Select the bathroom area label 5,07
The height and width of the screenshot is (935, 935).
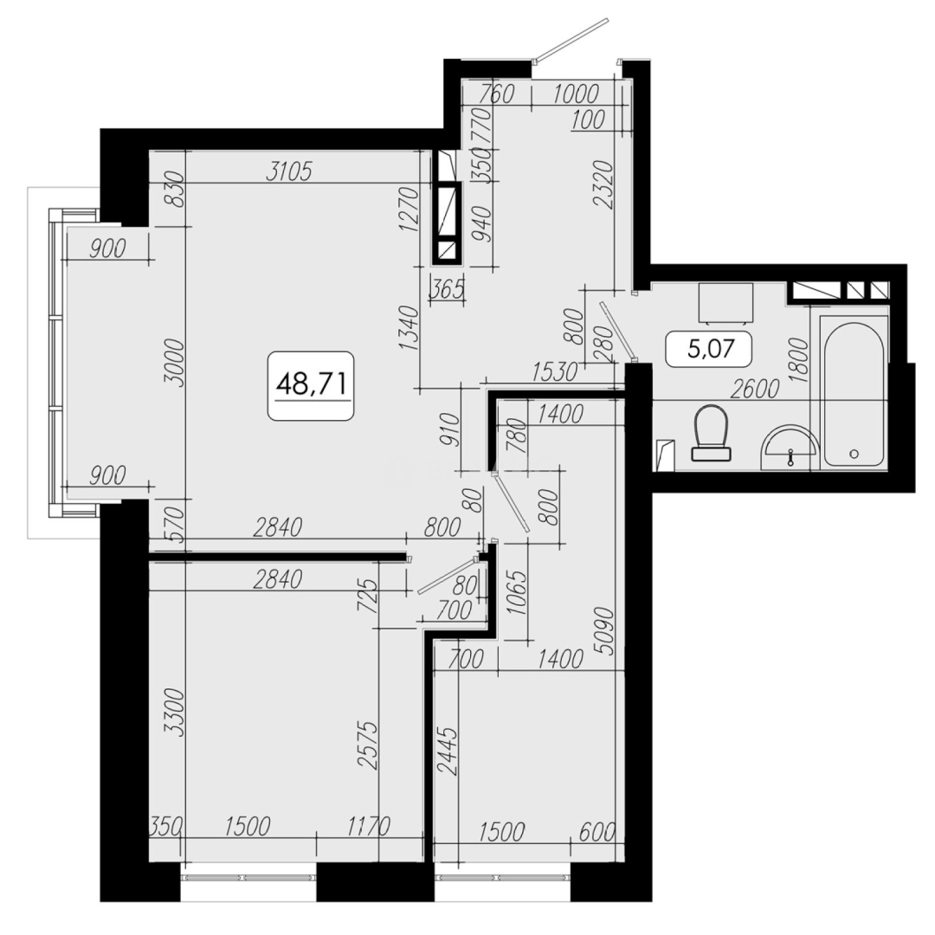(x=707, y=351)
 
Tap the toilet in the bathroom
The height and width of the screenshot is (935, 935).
(x=713, y=431)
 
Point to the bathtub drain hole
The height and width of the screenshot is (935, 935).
(x=854, y=453)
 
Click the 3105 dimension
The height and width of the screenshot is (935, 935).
(x=288, y=171)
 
